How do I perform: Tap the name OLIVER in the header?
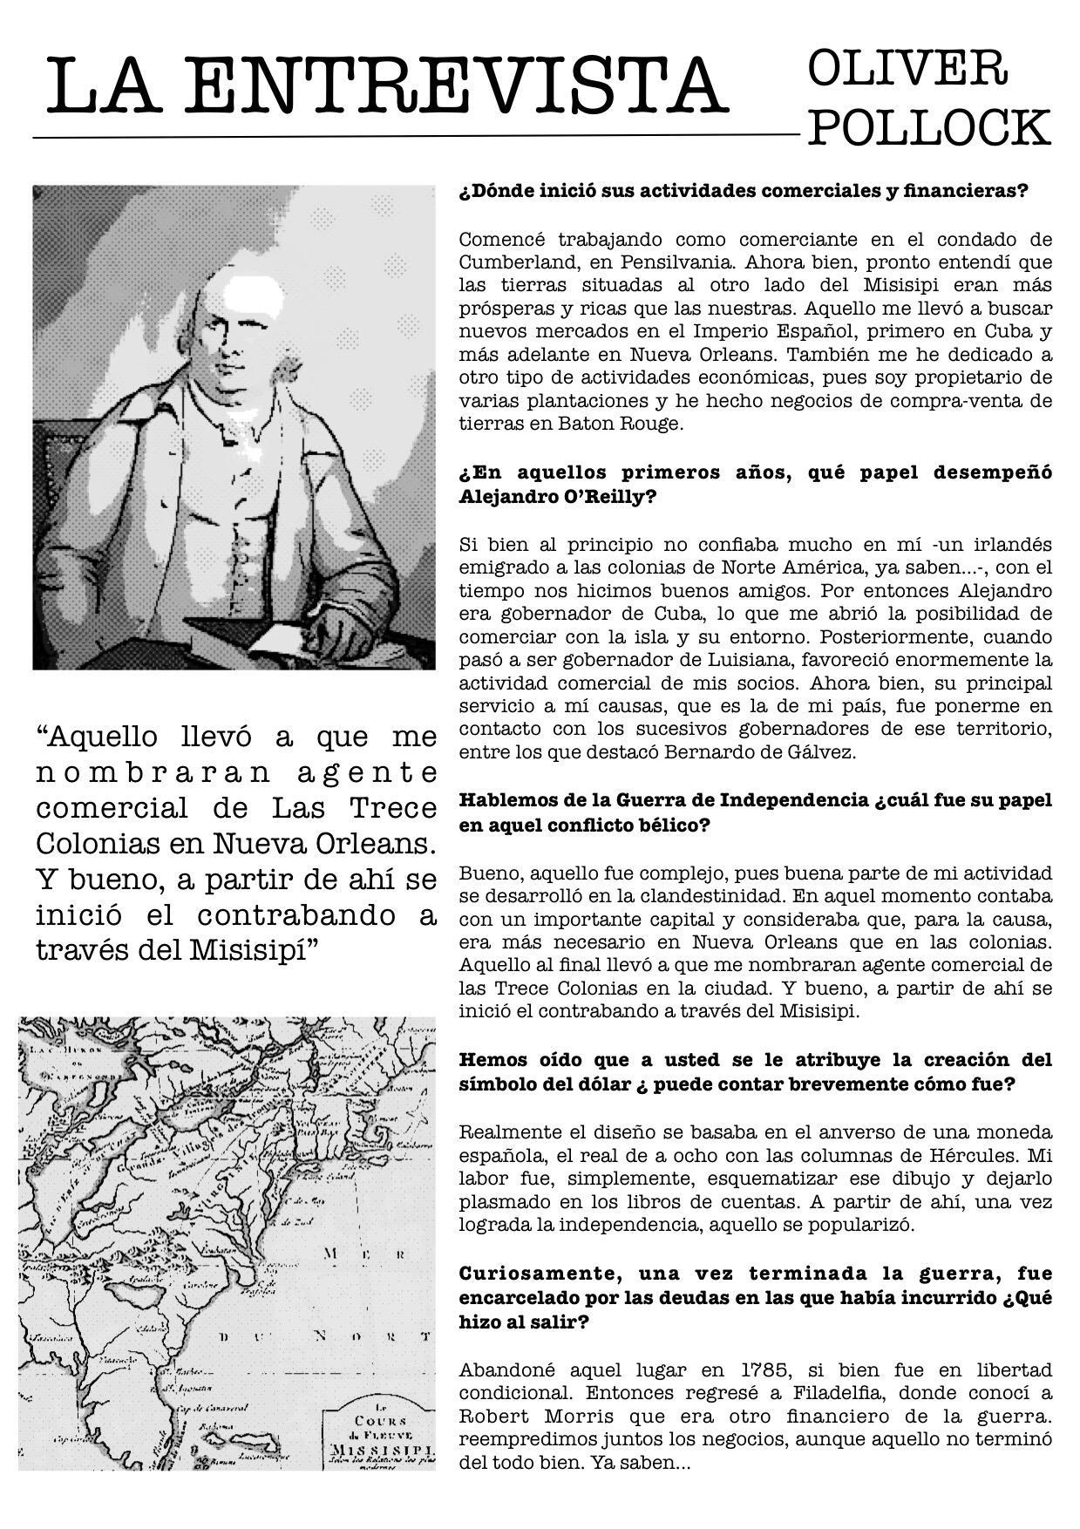pyautogui.click(x=907, y=69)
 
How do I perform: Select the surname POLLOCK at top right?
pyautogui.click(x=930, y=129)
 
